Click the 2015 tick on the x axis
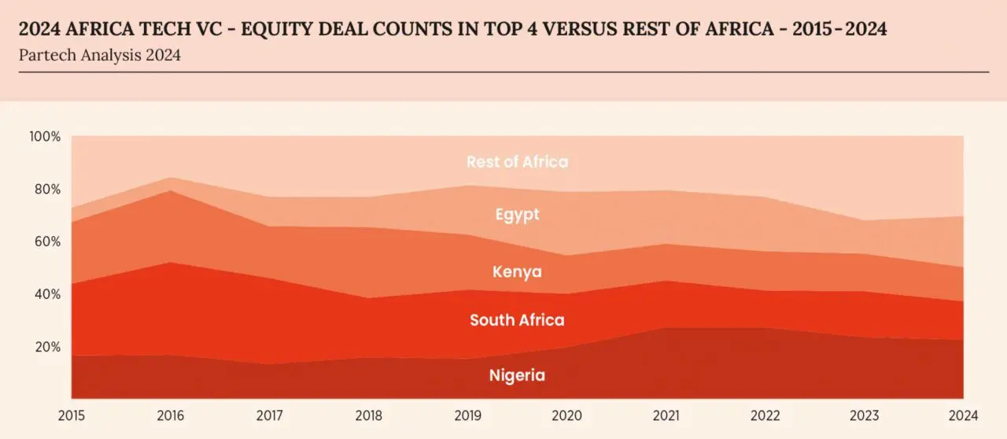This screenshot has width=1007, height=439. tap(72, 415)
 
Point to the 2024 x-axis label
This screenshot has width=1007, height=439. tap(962, 415)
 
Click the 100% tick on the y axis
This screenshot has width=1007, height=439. tap(45, 137)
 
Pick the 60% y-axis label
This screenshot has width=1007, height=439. tap(46, 242)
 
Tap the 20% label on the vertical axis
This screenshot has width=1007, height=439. tap(46, 347)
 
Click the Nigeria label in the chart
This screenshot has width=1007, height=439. tap(517, 375)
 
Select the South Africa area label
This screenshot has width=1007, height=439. tap(517, 320)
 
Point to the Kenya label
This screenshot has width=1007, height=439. tap(517, 272)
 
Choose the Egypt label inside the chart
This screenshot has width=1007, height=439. tap(517, 214)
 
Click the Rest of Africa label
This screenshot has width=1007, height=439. tap(517, 162)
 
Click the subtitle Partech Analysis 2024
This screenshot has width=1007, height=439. tap(99, 56)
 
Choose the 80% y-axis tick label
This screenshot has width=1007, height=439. tap(46, 190)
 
